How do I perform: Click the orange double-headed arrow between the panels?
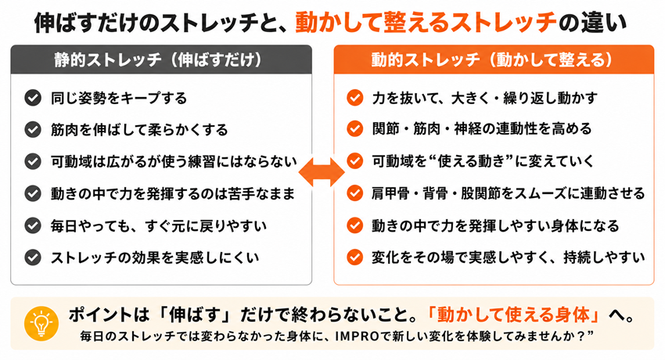(x=322, y=172)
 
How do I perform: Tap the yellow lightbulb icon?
(x=41, y=323)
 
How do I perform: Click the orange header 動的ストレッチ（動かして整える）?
(x=494, y=59)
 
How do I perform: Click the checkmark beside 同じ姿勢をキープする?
(x=33, y=98)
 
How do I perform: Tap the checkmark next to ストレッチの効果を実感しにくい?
(x=33, y=257)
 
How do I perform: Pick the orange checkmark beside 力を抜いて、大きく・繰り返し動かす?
(x=354, y=98)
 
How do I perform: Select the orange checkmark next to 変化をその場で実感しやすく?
(x=354, y=257)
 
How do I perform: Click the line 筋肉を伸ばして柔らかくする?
(x=139, y=130)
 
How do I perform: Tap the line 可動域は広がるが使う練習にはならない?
(x=174, y=161)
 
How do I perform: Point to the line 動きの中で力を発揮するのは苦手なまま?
(x=172, y=194)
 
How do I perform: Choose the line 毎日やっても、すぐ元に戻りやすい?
(x=158, y=225)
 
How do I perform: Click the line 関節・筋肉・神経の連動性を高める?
(x=481, y=129)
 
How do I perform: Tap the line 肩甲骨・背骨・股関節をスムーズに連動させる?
(x=508, y=193)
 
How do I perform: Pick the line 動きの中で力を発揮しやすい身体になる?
(x=495, y=225)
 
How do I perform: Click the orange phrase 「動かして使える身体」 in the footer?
(x=513, y=315)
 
